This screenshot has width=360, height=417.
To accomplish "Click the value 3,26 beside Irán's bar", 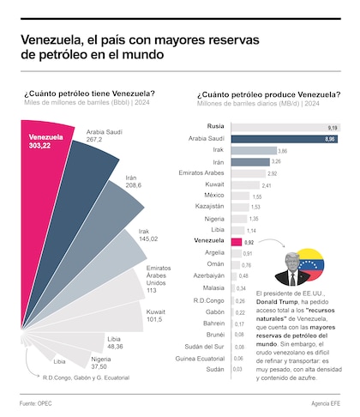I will (276, 161).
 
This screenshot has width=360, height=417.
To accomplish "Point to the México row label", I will (214, 196).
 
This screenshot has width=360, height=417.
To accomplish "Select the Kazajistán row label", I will (210, 208).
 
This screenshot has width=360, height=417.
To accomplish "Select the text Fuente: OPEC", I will (37, 402).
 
